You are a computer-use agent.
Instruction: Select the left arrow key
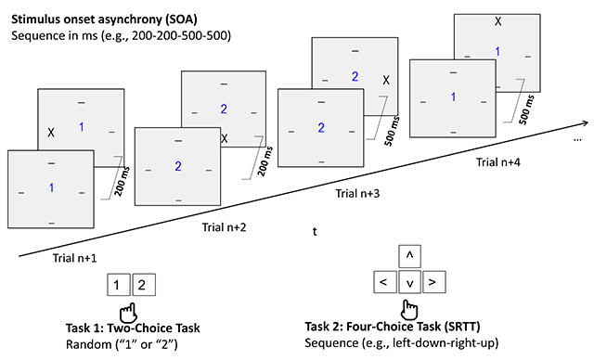pyautogui.click(x=382, y=280)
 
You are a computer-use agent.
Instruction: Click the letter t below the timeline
pyautogui.click(x=315, y=234)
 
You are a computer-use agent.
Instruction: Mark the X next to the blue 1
pyautogui.click(x=51, y=133)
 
